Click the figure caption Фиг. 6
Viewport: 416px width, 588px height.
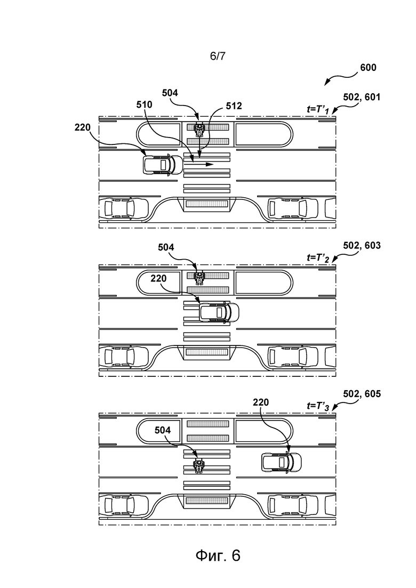coord(218,555)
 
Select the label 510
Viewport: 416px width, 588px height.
coord(144,105)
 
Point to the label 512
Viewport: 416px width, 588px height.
coord(233,106)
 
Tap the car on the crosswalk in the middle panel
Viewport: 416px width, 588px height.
coord(219,312)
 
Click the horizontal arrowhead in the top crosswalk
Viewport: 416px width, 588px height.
coord(210,164)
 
